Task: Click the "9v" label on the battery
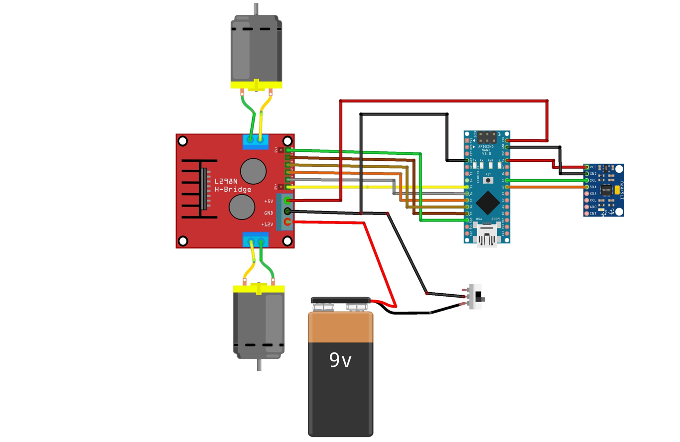(340, 360)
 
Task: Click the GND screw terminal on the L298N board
(287, 211)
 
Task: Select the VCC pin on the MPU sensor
(587, 167)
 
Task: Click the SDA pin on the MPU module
(587, 187)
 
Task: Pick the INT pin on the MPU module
(587, 214)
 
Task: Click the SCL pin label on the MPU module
(593, 180)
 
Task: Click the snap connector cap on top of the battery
(340, 300)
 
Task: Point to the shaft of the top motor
(257, 9)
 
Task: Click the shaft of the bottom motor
(259, 364)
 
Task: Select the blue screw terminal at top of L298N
(255, 142)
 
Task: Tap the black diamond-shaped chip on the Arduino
(487, 202)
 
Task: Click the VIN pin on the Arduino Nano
(507, 141)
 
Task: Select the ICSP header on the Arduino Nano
(487, 138)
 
